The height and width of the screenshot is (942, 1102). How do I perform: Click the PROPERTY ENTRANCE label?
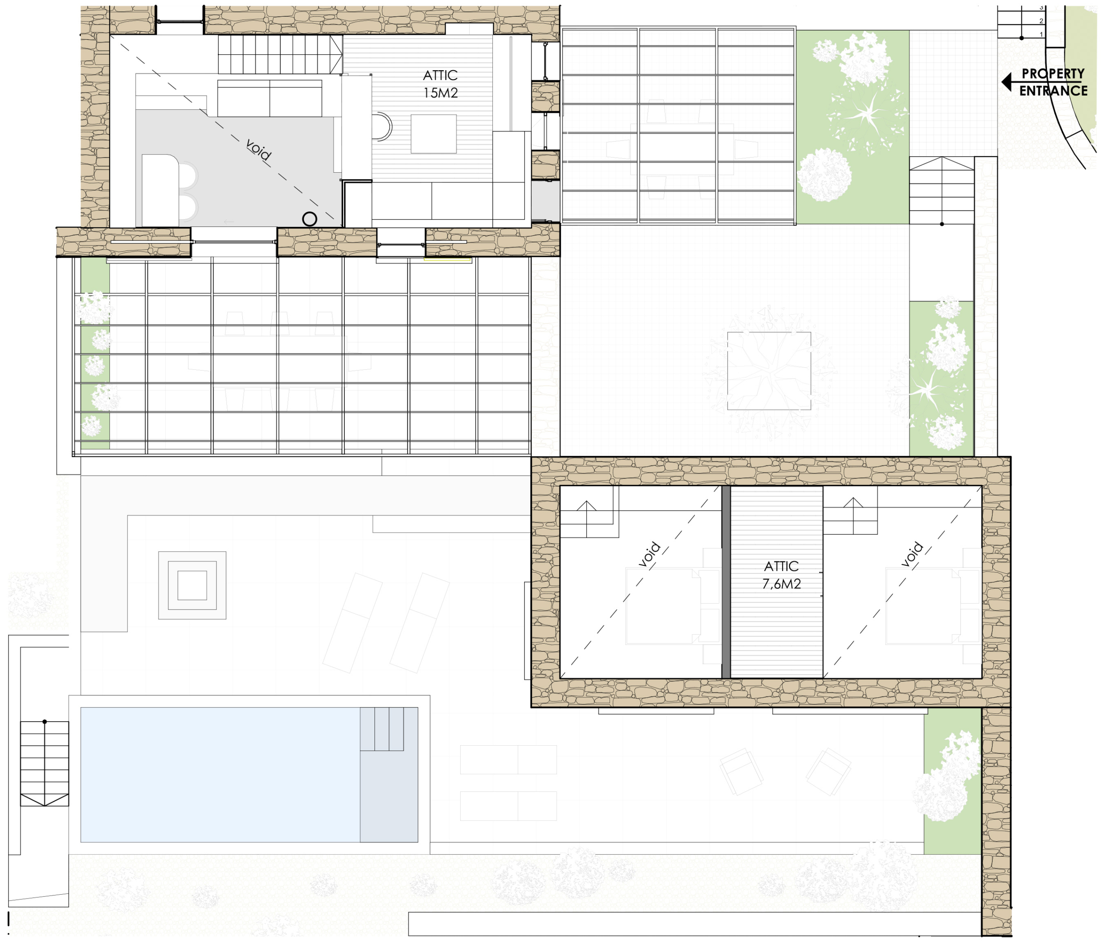click(1052, 82)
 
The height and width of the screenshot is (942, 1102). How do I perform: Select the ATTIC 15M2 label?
click(440, 84)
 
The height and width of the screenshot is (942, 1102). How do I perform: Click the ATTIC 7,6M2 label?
click(781, 574)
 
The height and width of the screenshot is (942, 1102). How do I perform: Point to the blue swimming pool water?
click(220, 775)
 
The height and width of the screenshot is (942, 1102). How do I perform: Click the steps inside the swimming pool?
click(389, 729)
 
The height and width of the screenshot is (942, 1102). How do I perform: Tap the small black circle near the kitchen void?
click(310, 219)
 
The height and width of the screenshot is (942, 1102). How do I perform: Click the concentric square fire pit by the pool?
click(192, 585)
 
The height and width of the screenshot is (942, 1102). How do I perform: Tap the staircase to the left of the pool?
click(45, 763)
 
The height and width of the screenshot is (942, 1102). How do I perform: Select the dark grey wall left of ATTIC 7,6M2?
click(726, 582)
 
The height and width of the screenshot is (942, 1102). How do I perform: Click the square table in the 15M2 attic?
click(433, 134)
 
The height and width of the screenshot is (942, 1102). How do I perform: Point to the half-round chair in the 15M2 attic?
click(382, 127)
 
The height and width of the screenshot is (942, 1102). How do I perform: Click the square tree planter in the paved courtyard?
click(769, 371)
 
